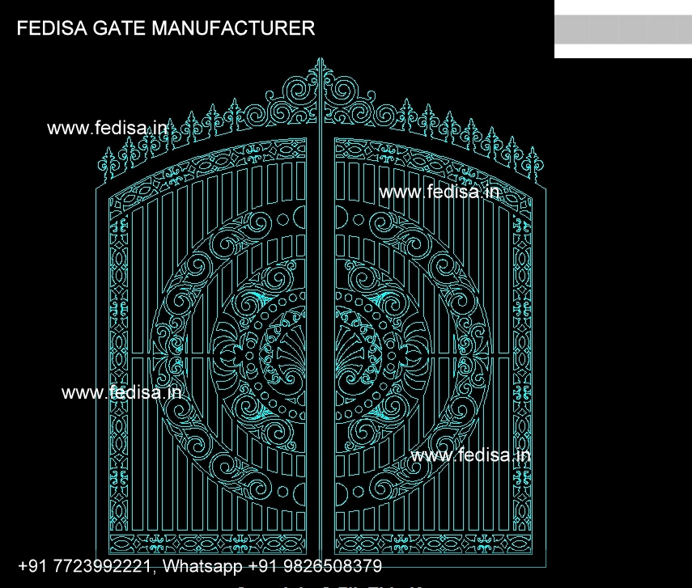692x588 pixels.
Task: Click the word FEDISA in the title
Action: pos(53,29)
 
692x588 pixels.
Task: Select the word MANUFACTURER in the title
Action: pos(234,29)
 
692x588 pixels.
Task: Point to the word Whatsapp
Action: pos(203,565)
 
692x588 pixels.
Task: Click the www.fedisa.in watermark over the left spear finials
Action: pos(107,128)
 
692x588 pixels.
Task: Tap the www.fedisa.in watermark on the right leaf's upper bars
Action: pos(439,192)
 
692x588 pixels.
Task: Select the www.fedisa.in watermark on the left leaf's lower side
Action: pos(121,393)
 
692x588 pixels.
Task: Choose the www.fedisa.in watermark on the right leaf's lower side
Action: pos(471,455)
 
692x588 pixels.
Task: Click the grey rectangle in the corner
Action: pos(622,30)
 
